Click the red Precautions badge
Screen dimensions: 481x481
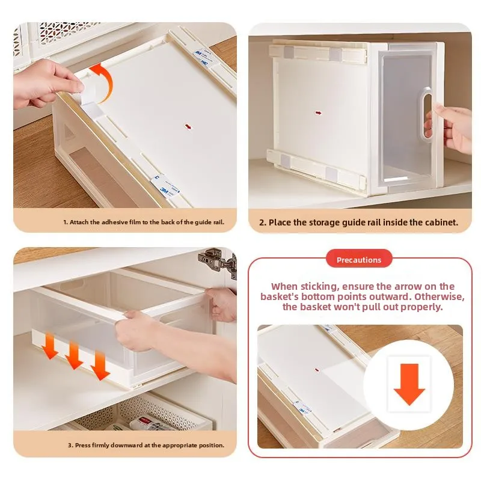[x=359, y=260]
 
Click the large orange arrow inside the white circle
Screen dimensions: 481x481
[x=409, y=384]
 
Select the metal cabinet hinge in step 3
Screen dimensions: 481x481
[x=217, y=262]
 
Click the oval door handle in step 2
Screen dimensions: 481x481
[x=427, y=116]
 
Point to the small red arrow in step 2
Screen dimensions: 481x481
[x=319, y=113]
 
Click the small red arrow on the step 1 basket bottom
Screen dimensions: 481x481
[x=188, y=126]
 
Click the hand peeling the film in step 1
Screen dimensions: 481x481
[x=46, y=84]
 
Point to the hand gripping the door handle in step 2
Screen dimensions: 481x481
[x=450, y=129]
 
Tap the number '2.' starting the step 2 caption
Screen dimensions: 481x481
[x=263, y=222]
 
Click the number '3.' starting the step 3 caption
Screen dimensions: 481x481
[x=70, y=445]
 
